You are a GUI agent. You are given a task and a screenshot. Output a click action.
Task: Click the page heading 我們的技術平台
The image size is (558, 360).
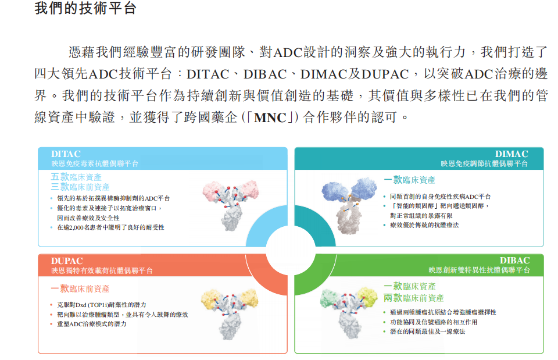pos(85,8)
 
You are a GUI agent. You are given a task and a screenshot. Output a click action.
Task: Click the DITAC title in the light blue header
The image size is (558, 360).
pos(66,154)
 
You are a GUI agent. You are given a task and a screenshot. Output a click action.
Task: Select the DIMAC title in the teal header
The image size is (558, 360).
pos(512,154)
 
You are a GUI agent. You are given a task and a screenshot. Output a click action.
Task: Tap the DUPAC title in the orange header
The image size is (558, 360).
pos(67,261)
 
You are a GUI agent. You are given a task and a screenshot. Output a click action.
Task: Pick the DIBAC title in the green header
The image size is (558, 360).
pos(514,261)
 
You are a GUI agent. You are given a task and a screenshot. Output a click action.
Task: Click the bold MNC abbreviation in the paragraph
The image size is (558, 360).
pos(270,117)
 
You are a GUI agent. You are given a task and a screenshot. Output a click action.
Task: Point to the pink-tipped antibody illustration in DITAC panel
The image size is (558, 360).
pos(231,205)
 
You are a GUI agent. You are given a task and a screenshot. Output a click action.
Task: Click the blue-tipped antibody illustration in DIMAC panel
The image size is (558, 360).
pos(349,205)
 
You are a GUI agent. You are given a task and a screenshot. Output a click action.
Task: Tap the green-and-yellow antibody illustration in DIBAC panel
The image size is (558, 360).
pos(349,312)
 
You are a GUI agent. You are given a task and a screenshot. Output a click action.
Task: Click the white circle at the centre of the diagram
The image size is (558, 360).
pos(291,250)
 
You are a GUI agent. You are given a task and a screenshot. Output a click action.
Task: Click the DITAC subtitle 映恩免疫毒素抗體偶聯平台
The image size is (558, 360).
pos(95,164)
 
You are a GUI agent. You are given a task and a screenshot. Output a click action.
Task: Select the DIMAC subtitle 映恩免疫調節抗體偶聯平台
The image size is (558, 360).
pos(484,164)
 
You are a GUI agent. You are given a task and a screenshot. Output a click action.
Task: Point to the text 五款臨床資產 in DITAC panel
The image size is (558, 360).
pos(76,177)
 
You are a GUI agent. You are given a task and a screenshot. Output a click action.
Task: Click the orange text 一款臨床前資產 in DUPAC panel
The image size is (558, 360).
pos(80,288)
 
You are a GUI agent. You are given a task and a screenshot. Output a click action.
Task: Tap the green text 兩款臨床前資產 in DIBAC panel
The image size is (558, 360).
pos(413,298)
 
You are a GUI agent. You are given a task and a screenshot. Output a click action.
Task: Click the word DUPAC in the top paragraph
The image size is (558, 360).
pos(385,74)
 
